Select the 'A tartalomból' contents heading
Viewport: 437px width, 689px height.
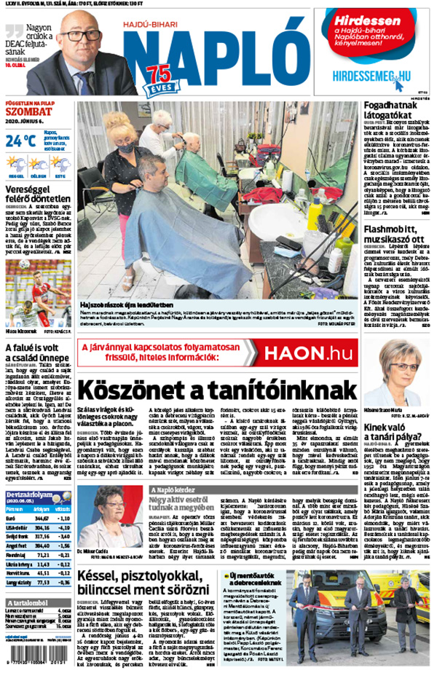pos(27,605)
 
